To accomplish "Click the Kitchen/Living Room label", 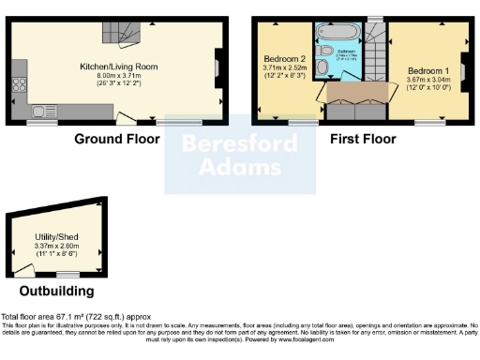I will (118, 67).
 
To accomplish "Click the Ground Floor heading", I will (117, 139).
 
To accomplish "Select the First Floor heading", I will (363, 139).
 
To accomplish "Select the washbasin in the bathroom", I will (322, 53).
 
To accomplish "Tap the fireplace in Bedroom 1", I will (463, 71).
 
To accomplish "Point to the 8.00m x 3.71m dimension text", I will (118, 75).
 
